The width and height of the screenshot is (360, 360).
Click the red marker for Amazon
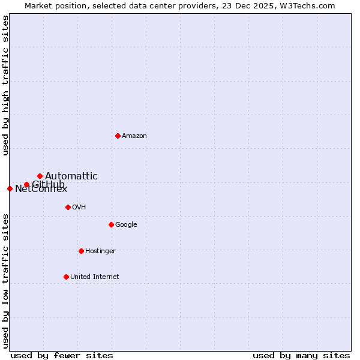coord(118,136)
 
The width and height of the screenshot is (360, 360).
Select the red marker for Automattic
coord(40,176)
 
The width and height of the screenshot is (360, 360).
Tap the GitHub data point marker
coord(26,184)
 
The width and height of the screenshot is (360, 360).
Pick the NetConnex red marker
coord(10,188)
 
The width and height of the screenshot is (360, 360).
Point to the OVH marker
coord(68,207)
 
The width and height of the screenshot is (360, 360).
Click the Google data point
coord(111,224)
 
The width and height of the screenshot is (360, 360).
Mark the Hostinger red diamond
coord(81,251)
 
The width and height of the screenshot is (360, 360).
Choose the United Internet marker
coord(66,277)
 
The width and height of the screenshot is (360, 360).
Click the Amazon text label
coord(134,136)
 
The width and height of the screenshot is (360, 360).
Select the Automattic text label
coord(71,176)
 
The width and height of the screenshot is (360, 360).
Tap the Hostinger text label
coord(100,251)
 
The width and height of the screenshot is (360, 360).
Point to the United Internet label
coord(95,277)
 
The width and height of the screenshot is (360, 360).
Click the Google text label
coord(126,224)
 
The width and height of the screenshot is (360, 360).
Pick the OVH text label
coord(79,207)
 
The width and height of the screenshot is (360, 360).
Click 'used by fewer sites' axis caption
coord(62,355)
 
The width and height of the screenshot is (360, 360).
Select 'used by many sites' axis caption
coord(301,355)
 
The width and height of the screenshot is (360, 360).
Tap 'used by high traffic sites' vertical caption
coord(6,85)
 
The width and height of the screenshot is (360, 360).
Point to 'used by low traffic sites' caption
coord(6,281)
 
